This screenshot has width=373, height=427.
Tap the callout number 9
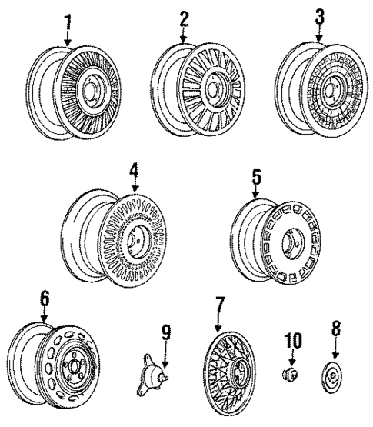165,336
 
